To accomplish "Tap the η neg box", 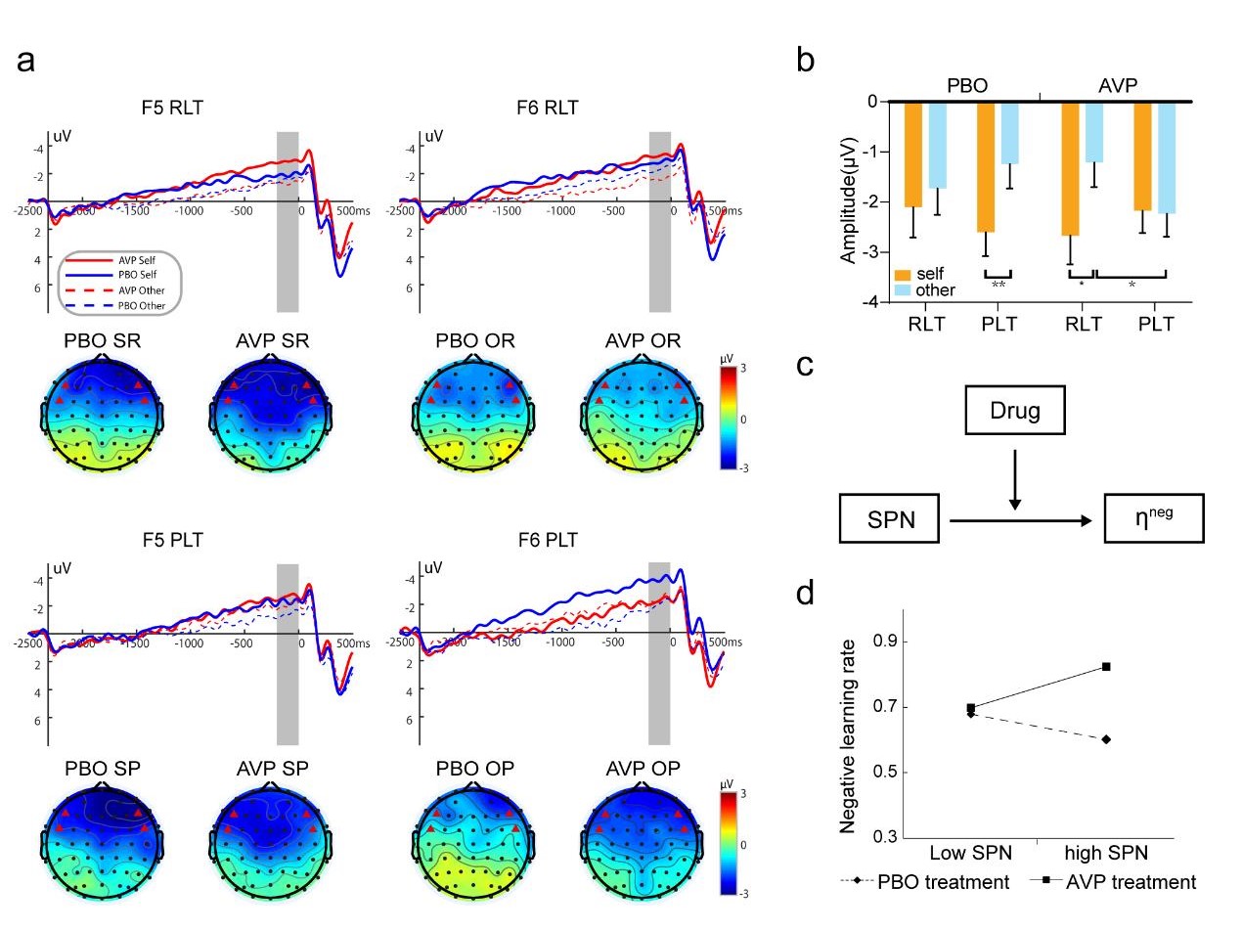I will [x=1153, y=519].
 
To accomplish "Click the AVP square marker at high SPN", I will [x=1106, y=667].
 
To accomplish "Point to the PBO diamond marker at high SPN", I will [x=1106, y=739].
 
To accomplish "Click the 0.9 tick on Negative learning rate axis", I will [x=885, y=643].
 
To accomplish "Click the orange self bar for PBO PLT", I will [x=985, y=167].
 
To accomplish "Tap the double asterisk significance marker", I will [x=998, y=284].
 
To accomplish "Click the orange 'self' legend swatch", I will [x=902, y=275].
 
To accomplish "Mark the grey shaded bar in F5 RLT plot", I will [x=288, y=220].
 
